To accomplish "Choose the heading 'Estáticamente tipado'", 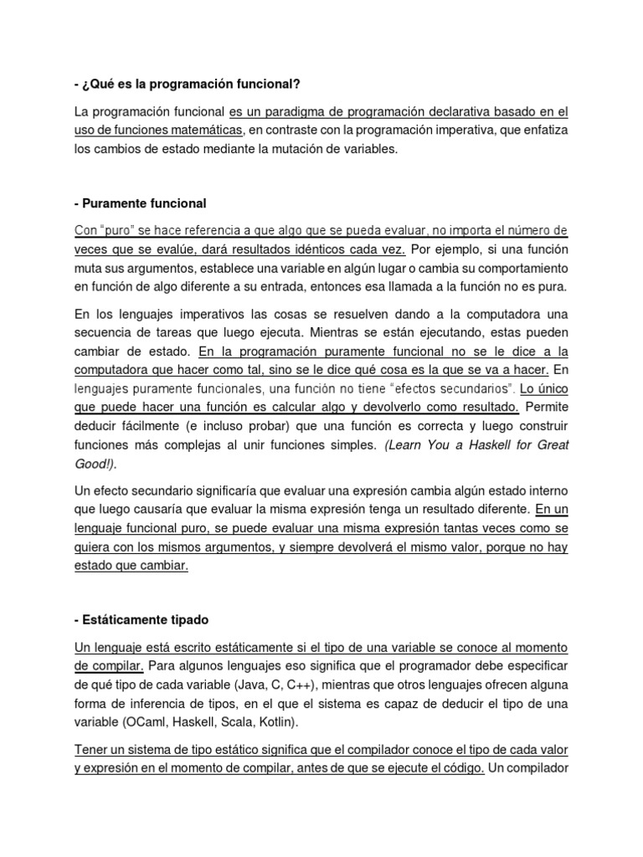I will point(142,620).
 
